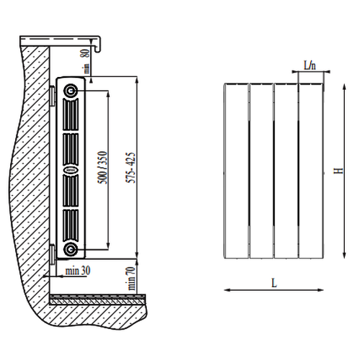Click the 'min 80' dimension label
tap(86, 61)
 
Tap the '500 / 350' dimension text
tap(102, 168)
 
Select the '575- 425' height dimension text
tap(131, 168)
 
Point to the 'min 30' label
tap(78, 271)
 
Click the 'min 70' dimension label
tap(130, 278)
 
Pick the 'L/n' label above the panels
tap(310, 65)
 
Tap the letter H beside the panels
tap(339, 171)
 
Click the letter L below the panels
tap(274, 283)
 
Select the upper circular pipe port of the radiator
tap(71, 91)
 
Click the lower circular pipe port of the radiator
tap(71, 249)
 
